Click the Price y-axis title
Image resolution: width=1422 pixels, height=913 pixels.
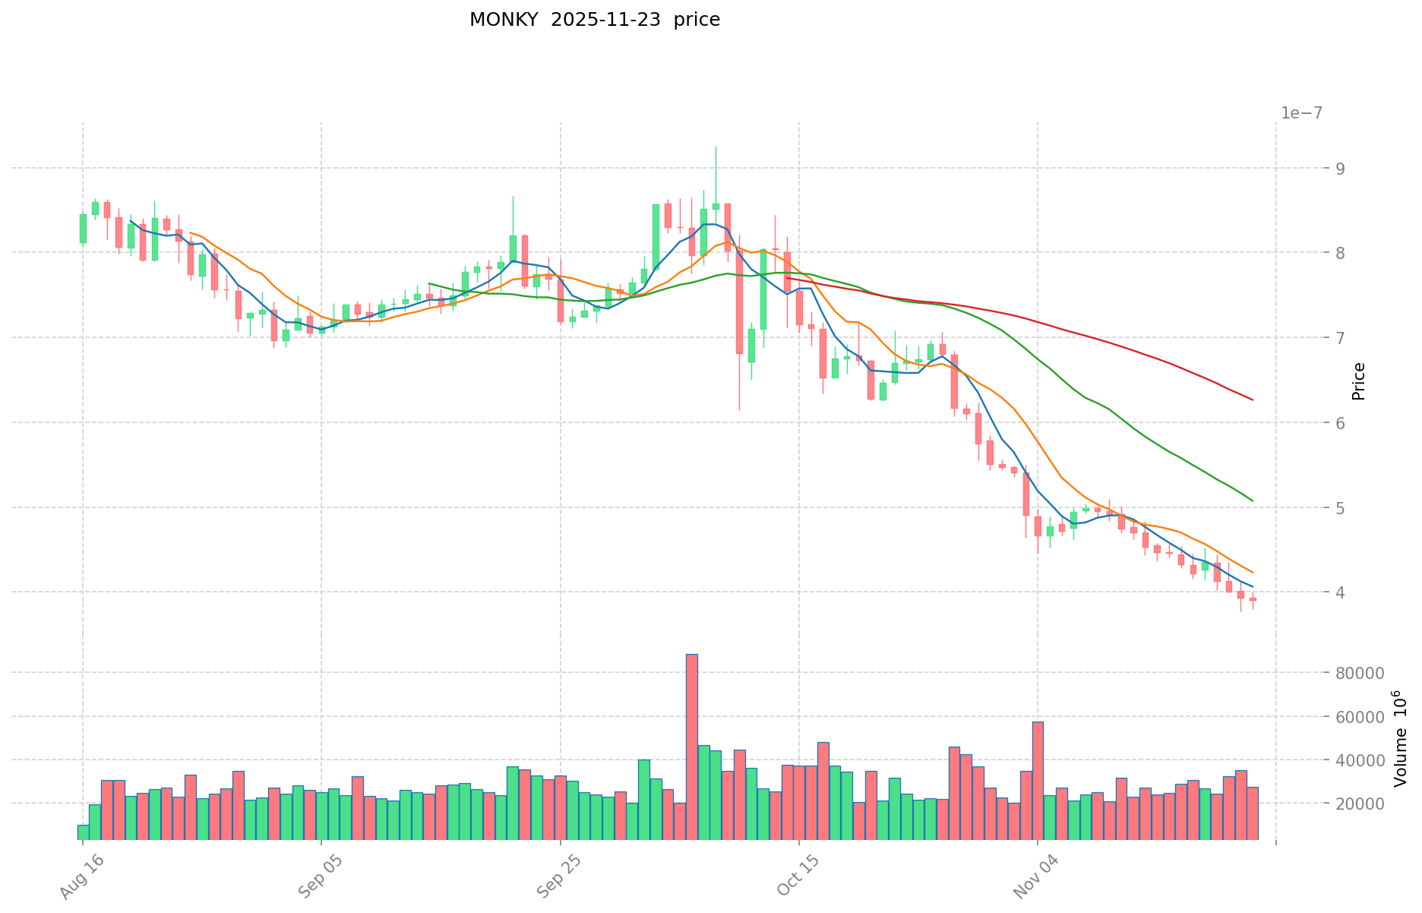1359,381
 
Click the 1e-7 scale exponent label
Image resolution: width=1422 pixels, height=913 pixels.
1301,113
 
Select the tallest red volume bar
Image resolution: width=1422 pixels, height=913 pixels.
691,744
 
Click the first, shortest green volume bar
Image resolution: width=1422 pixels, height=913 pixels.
83,832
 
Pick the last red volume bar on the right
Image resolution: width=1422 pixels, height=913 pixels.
1253,813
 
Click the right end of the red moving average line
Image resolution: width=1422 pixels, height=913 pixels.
1252,400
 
